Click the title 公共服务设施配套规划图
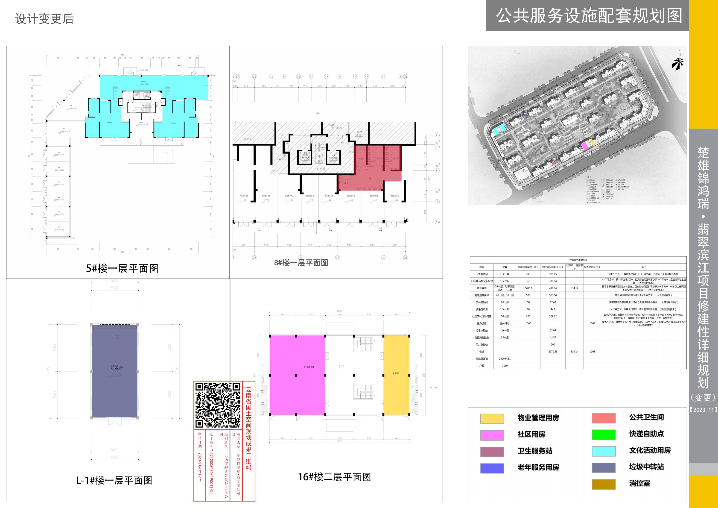(x=589, y=16)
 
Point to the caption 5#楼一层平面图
(x=122, y=268)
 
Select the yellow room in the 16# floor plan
(x=396, y=375)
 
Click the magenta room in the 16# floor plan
(x=297, y=375)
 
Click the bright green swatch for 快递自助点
(x=604, y=435)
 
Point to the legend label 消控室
(x=639, y=483)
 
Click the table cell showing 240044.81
(x=505, y=358)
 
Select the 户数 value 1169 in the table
(x=505, y=365)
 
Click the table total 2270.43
(x=553, y=352)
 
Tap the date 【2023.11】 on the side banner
(x=703, y=410)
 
